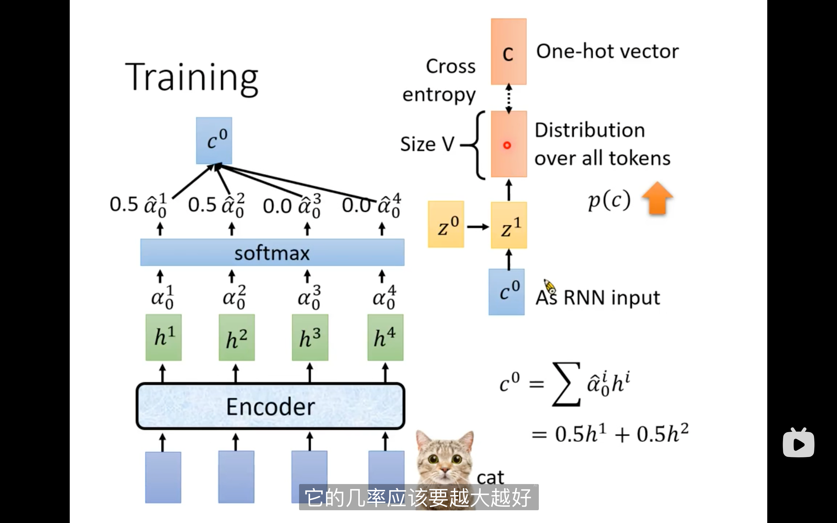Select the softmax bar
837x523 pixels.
(272, 252)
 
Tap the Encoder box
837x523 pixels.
(271, 406)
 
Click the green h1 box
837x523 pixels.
(164, 337)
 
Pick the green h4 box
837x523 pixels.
(385, 337)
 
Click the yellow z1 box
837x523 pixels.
(509, 225)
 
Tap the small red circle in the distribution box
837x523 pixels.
(507, 145)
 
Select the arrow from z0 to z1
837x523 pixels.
(478, 227)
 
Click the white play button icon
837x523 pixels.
(798, 443)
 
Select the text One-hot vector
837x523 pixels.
(607, 51)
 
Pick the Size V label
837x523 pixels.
(427, 144)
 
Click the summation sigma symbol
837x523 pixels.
(566, 384)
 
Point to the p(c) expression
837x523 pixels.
(609, 200)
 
